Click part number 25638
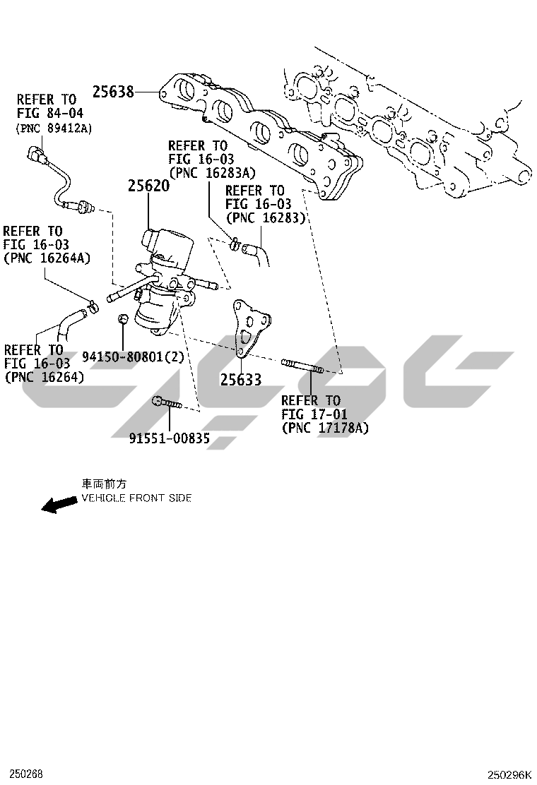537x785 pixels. point(113,92)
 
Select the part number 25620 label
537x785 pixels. point(148,186)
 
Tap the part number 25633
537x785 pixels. point(240,379)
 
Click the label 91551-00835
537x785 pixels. point(170,438)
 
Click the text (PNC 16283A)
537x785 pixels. point(211,173)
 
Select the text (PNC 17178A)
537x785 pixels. point(325,428)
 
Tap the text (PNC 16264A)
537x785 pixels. point(47,258)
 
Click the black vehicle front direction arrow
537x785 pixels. point(59,504)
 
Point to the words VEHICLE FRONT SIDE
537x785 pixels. point(136,498)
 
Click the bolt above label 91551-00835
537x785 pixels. point(167,404)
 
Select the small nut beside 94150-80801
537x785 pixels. point(123,320)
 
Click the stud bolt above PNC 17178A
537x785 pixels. point(302,365)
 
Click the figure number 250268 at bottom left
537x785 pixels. point(21,774)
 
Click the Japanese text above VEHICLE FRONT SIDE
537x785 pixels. point(105,484)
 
